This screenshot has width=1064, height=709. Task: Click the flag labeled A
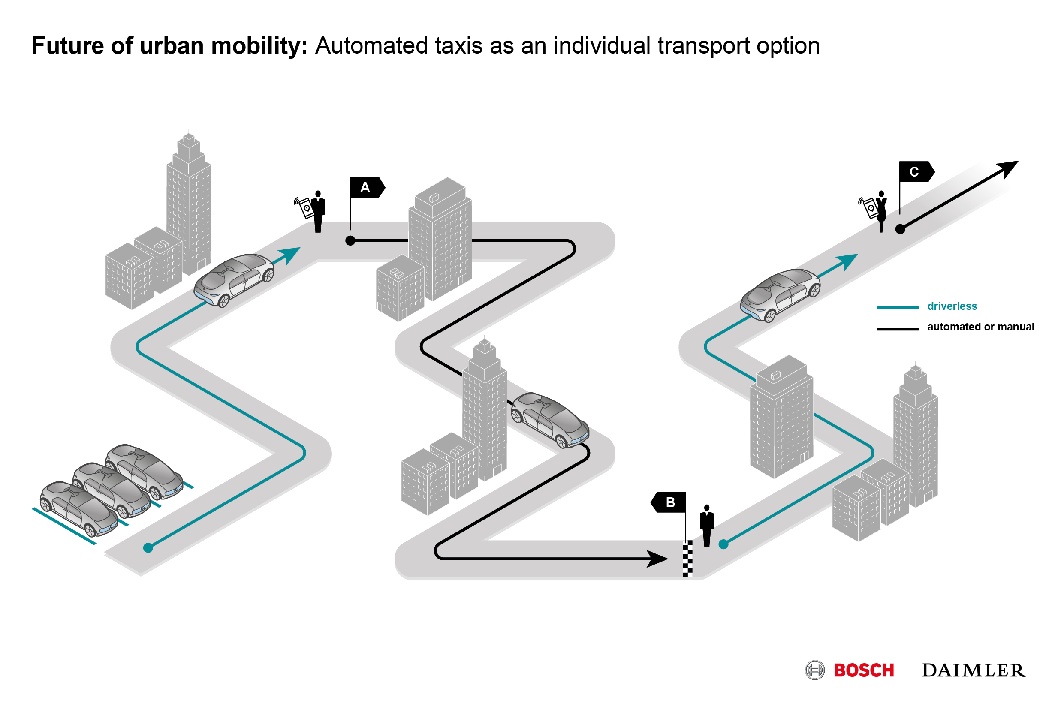[366, 188]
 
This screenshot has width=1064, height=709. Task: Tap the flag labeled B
[669, 502]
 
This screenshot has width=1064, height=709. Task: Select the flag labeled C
[916, 172]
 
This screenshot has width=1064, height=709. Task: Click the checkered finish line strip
[687, 559]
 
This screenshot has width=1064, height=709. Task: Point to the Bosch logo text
[864, 670]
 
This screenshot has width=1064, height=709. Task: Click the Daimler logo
[974, 670]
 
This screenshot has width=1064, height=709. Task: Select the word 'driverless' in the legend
[952, 306]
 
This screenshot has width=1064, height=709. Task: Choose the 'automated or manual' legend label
[980, 327]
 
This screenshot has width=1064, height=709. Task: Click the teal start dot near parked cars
[148, 548]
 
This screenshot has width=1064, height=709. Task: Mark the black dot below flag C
[900, 229]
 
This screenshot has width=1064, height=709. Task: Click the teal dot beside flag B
[723, 544]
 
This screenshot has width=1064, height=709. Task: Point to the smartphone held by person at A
[306, 208]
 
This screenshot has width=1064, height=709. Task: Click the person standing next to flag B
[707, 526]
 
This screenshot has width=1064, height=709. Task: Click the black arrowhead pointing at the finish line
[657, 559]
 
